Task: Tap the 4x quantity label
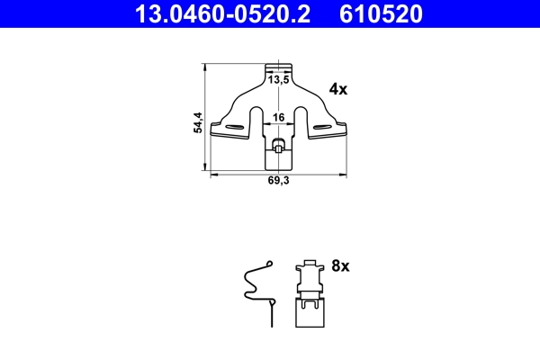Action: [338, 88]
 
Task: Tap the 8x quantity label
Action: [339, 266]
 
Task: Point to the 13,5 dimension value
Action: [279, 80]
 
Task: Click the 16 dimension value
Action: [279, 117]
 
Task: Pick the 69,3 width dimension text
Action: [279, 180]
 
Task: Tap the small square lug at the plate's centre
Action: [279, 145]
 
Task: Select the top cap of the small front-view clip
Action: [308, 265]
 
